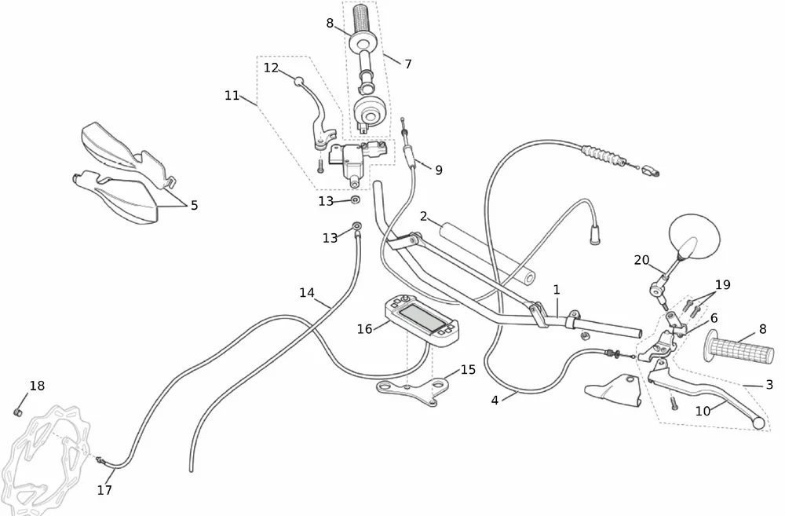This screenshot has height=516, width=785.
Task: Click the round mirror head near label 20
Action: click(x=694, y=235)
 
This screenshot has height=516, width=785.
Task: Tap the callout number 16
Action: click(x=364, y=329)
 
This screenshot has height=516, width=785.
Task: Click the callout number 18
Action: click(x=37, y=386)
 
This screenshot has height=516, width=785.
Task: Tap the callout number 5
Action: click(x=194, y=206)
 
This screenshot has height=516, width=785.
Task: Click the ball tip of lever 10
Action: click(x=758, y=424)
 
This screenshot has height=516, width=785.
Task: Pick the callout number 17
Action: click(x=104, y=490)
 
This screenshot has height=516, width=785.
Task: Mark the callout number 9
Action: click(x=438, y=169)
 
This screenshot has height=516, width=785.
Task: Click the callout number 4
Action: click(x=495, y=401)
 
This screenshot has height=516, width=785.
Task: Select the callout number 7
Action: click(x=407, y=64)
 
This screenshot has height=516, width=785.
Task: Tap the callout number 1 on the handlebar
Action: click(x=556, y=290)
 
